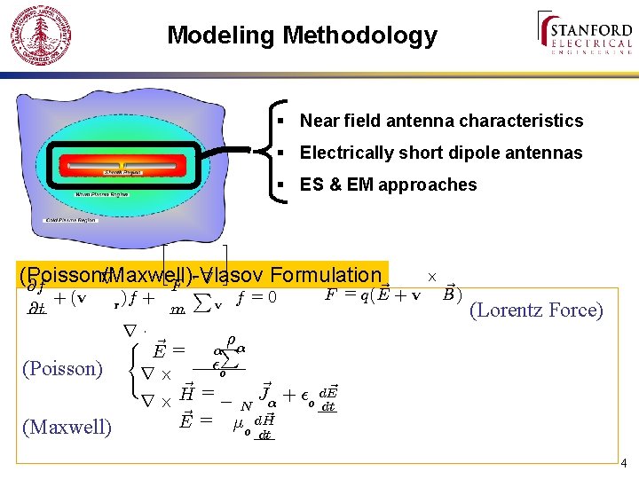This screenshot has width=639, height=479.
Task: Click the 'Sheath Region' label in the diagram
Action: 120,172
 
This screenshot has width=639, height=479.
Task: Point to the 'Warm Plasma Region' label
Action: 102,192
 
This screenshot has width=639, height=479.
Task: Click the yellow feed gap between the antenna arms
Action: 122,165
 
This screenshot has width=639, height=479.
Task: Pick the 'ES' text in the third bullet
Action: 312,185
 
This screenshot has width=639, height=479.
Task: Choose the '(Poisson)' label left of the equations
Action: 62,368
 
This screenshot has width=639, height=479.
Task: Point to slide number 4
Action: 624,463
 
